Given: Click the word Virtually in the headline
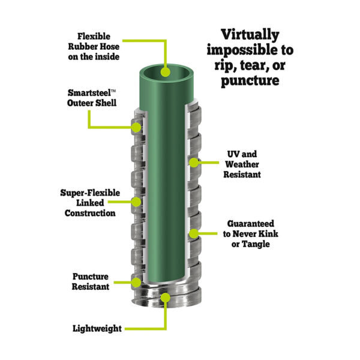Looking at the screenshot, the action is tap(250, 35).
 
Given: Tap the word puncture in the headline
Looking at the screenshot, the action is tap(250, 80).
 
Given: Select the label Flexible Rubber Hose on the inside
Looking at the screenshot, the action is tap(94, 47).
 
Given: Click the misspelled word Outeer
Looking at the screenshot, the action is tap(80, 103).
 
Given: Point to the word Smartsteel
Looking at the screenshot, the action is tap(89, 93).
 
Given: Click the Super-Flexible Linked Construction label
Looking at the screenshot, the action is tap(90, 203).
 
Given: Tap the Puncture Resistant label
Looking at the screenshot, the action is tap(91, 281).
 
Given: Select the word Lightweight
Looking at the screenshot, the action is tap(97, 328).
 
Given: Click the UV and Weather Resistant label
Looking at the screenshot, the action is tap(242, 164).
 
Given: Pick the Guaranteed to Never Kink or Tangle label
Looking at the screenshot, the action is tap(250, 234).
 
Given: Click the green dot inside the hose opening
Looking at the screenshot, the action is tap(166, 72).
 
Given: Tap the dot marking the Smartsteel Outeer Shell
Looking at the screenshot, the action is tap(136, 127).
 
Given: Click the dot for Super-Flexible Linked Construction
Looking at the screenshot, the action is tap(136, 202).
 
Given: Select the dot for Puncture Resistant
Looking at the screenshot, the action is tap(136, 283).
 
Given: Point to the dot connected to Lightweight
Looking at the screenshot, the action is tap(166, 298).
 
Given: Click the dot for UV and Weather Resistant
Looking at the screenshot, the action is tap(194, 163).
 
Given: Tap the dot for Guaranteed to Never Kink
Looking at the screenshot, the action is tap(194, 234).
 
